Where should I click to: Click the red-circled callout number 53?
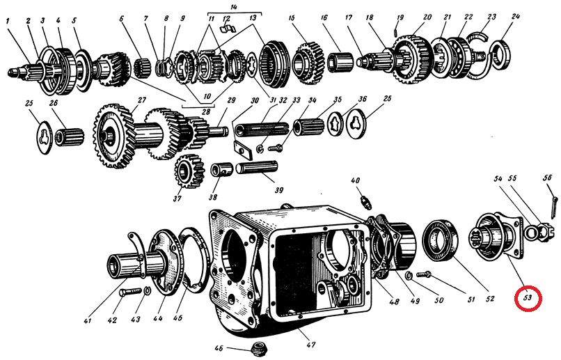pyautogui.click(x=528, y=298)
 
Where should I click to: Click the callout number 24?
pyautogui.click(x=514, y=15)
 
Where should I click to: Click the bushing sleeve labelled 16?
pyautogui.click(x=339, y=61)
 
